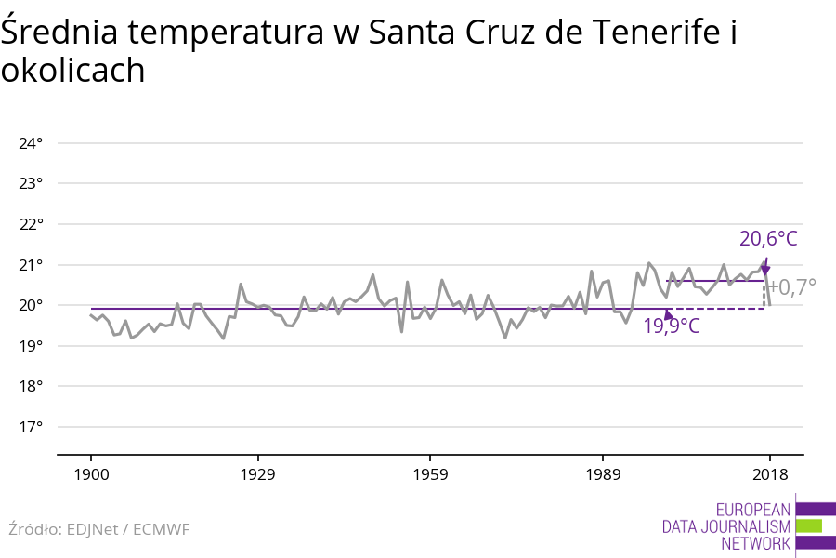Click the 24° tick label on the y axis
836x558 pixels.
31,143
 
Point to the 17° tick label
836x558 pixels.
31,427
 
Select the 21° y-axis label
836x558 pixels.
31,265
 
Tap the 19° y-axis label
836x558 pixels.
31,346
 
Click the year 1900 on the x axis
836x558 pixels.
91,474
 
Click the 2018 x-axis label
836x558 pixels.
769,474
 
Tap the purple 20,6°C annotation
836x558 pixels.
768,239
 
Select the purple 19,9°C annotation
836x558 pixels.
671,326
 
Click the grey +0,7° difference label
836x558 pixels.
791,286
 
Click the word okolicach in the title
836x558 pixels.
72,71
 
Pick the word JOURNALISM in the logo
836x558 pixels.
744,526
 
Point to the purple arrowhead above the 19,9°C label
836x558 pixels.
668,315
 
